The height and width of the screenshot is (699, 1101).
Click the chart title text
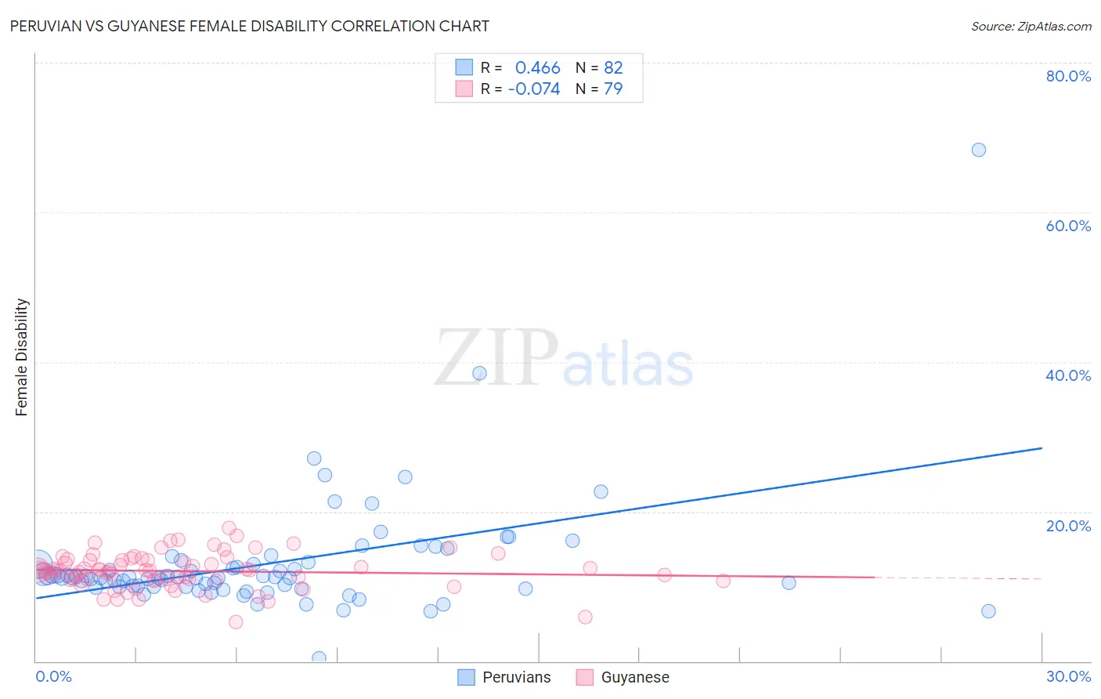pyautogui.click(x=249, y=26)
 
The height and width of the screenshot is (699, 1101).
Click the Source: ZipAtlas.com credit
pyautogui.click(x=1031, y=26)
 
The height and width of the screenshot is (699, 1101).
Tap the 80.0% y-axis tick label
pyautogui.click(x=1068, y=76)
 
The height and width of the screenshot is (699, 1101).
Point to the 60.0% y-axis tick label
pyautogui.click(x=1068, y=226)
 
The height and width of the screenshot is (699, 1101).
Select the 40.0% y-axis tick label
pyautogui.click(x=1068, y=375)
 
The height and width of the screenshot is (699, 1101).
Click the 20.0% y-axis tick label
pyautogui.click(x=1068, y=525)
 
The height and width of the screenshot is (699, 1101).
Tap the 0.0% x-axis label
pyautogui.click(x=53, y=676)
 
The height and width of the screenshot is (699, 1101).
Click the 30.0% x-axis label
pyautogui.click(x=1068, y=676)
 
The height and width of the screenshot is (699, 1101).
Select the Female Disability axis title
pyautogui.click(x=22, y=357)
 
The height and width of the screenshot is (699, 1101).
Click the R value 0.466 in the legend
pyautogui.click(x=537, y=68)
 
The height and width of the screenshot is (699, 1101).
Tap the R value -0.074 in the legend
pyautogui.click(x=534, y=89)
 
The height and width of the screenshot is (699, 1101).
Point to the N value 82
pyautogui.click(x=613, y=68)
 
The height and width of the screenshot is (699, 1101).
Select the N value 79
pyautogui.click(x=613, y=89)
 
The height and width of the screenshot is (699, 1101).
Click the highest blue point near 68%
pyautogui.click(x=978, y=150)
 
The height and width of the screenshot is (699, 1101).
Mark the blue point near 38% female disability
pyautogui.click(x=479, y=373)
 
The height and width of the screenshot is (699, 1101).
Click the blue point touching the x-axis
pyautogui.click(x=319, y=658)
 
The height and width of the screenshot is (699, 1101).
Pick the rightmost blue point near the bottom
pyautogui.click(x=988, y=611)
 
